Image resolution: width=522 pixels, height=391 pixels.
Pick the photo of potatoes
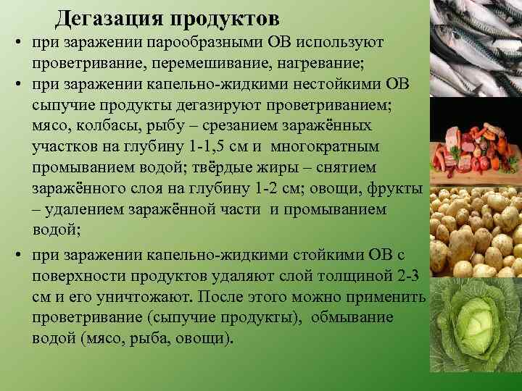(476, 235)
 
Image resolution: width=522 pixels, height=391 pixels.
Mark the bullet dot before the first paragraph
(15, 46)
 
